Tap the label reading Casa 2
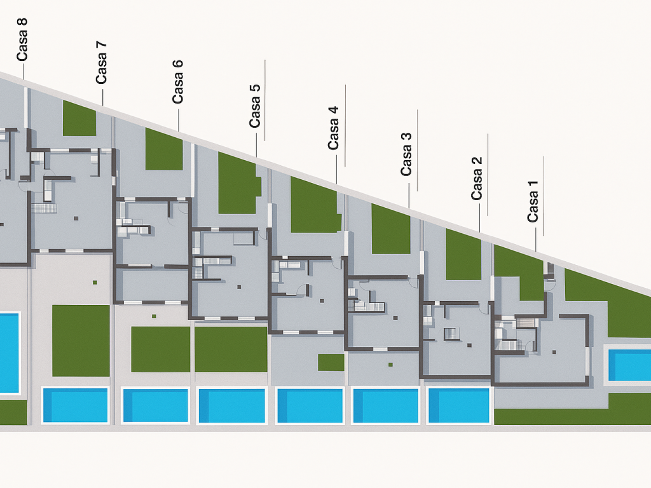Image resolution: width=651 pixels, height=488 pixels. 477,178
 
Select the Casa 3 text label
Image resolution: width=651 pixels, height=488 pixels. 406,153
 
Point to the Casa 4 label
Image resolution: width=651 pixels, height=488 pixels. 333,128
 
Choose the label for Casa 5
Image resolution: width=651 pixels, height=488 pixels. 255,105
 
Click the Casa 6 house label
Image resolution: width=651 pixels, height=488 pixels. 177,81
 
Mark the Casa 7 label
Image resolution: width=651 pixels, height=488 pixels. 101,62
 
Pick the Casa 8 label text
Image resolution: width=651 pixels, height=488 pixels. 22,39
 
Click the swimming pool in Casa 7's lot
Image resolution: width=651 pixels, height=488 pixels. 75,405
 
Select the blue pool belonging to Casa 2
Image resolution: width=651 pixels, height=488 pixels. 458,405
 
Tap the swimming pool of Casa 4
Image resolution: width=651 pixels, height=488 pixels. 310,405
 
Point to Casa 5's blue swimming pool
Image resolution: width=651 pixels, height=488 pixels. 231,405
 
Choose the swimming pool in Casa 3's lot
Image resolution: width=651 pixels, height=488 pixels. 385,405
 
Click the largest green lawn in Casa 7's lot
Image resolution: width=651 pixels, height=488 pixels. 81,341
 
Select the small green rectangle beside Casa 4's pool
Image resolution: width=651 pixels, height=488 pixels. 331,362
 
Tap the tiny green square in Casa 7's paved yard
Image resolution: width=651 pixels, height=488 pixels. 95,282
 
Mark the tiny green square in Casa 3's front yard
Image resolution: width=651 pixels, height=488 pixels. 390,365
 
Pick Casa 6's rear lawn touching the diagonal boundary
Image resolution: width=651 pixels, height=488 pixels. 164,150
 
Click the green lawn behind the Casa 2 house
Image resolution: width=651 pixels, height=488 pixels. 463,255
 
